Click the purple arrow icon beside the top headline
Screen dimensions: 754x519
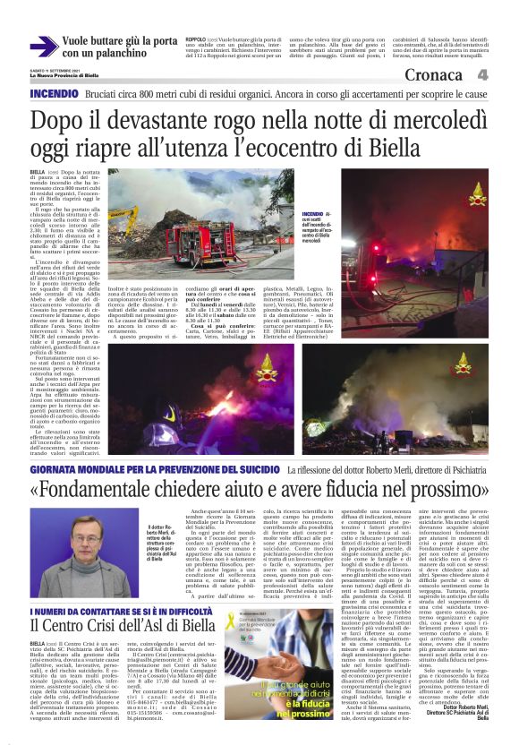[43, 47]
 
